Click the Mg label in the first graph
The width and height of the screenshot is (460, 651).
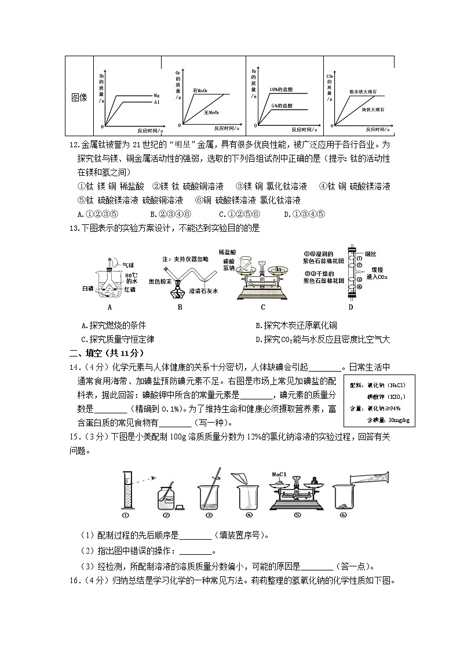tap(156, 94)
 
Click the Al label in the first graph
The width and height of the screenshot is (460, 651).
tap(156, 102)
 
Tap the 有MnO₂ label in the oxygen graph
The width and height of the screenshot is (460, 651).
tap(200, 90)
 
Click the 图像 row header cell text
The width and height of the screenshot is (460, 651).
tap(79, 97)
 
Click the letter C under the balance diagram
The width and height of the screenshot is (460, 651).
tap(262, 308)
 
